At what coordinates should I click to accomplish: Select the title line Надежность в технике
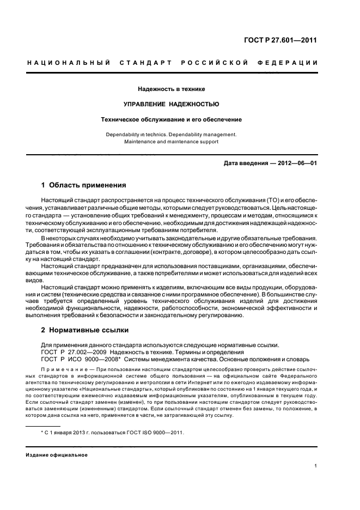pos(171,88)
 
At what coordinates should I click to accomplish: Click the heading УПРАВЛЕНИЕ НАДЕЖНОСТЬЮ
pos(171,104)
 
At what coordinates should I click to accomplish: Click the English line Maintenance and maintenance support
pos(171,142)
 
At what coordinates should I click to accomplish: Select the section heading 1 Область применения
pos(83,185)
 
